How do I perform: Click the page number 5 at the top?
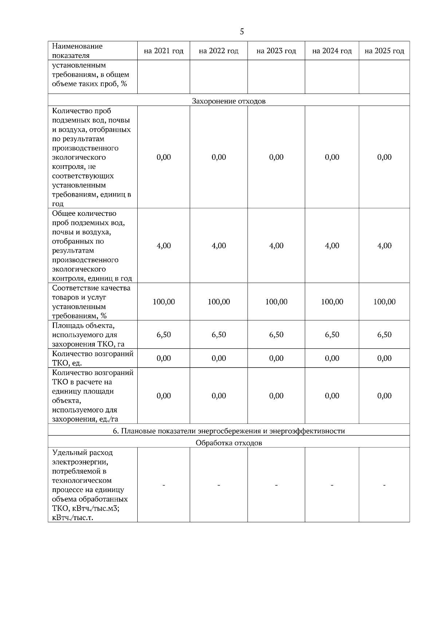(242, 32)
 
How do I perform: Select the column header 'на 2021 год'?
(164, 51)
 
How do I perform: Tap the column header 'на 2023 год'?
(276, 51)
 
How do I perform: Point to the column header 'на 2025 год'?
(384, 51)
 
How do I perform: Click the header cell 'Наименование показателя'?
(77, 51)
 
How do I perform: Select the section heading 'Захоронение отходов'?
(229, 101)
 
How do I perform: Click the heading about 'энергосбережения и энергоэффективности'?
(229, 431)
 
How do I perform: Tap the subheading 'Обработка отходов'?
(229, 443)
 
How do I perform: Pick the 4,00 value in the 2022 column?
(219, 246)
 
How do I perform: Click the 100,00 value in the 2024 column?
(332, 302)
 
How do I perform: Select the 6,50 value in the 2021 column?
(164, 334)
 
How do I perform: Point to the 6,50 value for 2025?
(384, 334)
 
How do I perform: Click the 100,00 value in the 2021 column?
(164, 302)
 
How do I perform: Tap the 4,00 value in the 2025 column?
(384, 246)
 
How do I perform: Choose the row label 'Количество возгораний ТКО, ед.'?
(92, 358)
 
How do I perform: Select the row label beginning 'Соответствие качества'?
(91, 302)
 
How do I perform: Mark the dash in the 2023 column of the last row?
(276, 485)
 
